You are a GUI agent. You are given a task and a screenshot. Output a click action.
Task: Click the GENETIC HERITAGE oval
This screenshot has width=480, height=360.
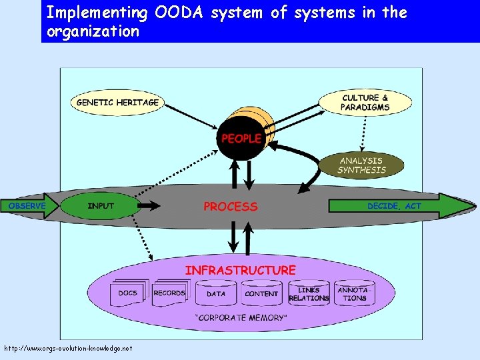coord(117,103)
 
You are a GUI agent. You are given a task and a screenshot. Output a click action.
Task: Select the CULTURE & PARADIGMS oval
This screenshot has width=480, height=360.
coord(364,102)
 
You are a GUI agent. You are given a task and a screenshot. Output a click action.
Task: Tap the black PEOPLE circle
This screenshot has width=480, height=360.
coord(241,139)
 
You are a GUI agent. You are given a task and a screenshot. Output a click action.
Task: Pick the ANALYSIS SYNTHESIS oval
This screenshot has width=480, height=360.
coord(361,165)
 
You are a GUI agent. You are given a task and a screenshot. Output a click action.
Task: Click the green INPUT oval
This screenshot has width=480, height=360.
coord(101,206)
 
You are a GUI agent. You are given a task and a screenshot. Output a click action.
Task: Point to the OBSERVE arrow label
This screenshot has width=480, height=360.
coord(27,206)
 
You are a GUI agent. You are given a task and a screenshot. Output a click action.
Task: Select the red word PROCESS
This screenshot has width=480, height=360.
coord(230,207)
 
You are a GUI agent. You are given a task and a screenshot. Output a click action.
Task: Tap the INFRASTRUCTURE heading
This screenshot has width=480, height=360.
coord(240,270)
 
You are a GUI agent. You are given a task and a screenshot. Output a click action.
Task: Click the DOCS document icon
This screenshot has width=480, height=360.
coord(127,293)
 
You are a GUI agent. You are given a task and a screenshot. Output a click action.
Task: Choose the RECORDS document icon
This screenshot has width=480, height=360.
coord(169,293)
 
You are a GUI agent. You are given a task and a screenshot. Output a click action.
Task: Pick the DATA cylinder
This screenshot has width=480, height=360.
coord(216,293)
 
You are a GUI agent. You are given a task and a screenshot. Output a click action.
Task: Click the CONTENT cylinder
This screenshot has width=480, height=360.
coord(261,293)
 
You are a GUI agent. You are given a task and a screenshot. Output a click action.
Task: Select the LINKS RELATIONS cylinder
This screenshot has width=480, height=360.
coord(309,294)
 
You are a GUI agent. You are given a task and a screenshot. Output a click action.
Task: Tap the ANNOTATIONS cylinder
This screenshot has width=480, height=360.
coord(355,294)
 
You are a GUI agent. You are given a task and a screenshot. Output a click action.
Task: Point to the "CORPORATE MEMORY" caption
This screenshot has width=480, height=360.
coord(240,317)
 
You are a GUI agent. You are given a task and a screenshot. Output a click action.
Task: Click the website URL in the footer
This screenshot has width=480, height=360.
coord(68,348)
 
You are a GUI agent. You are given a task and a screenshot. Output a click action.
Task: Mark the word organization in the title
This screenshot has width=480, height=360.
coord(93,31)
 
